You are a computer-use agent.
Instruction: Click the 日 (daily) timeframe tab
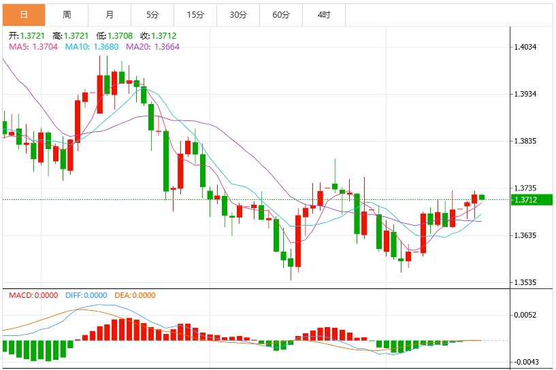(x=23, y=14)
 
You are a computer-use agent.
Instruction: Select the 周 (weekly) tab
(x=67, y=14)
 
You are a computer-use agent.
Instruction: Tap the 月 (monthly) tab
(x=110, y=14)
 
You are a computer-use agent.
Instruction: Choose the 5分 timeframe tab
(x=152, y=14)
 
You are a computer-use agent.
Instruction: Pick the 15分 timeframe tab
(x=195, y=14)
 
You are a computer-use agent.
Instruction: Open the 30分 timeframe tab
(x=238, y=14)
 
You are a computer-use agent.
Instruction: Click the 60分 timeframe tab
(x=281, y=14)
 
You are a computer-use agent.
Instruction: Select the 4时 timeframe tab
(x=324, y=14)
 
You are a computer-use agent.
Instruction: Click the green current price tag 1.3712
(x=527, y=200)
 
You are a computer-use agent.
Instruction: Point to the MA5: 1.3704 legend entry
(x=33, y=47)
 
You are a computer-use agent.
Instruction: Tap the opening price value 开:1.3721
(x=27, y=35)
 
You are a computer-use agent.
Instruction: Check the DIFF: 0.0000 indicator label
(x=86, y=295)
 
